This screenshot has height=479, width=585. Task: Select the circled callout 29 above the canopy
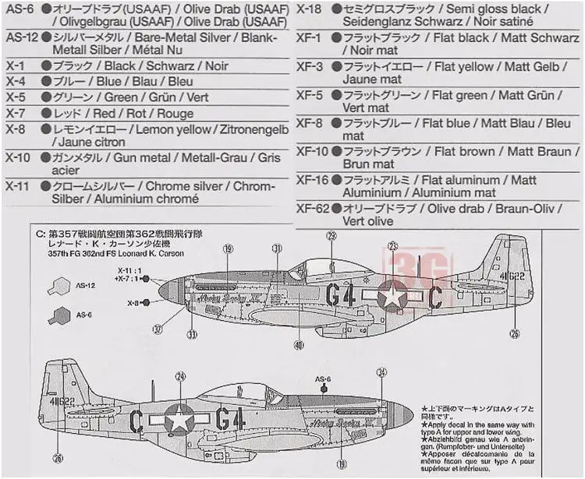[331, 236]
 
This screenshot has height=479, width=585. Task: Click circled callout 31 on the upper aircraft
[276, 249]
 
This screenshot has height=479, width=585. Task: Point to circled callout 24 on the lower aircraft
[181, 377]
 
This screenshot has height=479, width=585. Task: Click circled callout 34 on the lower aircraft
[381, 373]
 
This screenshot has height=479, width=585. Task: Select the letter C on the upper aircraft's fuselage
[437, 298]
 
